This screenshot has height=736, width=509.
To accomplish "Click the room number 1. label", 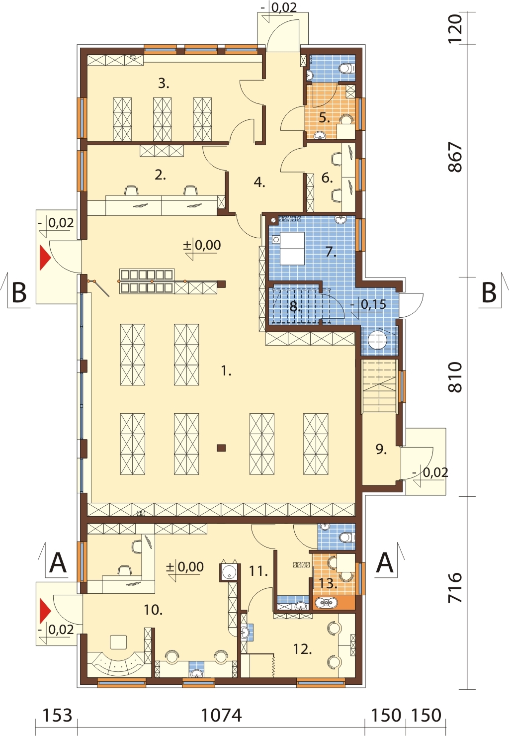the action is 226,371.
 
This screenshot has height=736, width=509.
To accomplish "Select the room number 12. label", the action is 302,649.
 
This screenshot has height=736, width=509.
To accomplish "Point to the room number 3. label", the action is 164,84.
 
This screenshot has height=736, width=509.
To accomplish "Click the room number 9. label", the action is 381,449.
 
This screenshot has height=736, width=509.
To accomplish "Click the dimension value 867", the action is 456,157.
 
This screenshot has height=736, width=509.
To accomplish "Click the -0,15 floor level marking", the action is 368,304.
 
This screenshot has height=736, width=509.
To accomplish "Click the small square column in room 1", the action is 222,448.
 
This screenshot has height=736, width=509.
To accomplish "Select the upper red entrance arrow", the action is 45,257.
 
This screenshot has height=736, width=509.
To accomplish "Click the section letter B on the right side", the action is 489,293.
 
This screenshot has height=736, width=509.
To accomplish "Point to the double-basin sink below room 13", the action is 326,603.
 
